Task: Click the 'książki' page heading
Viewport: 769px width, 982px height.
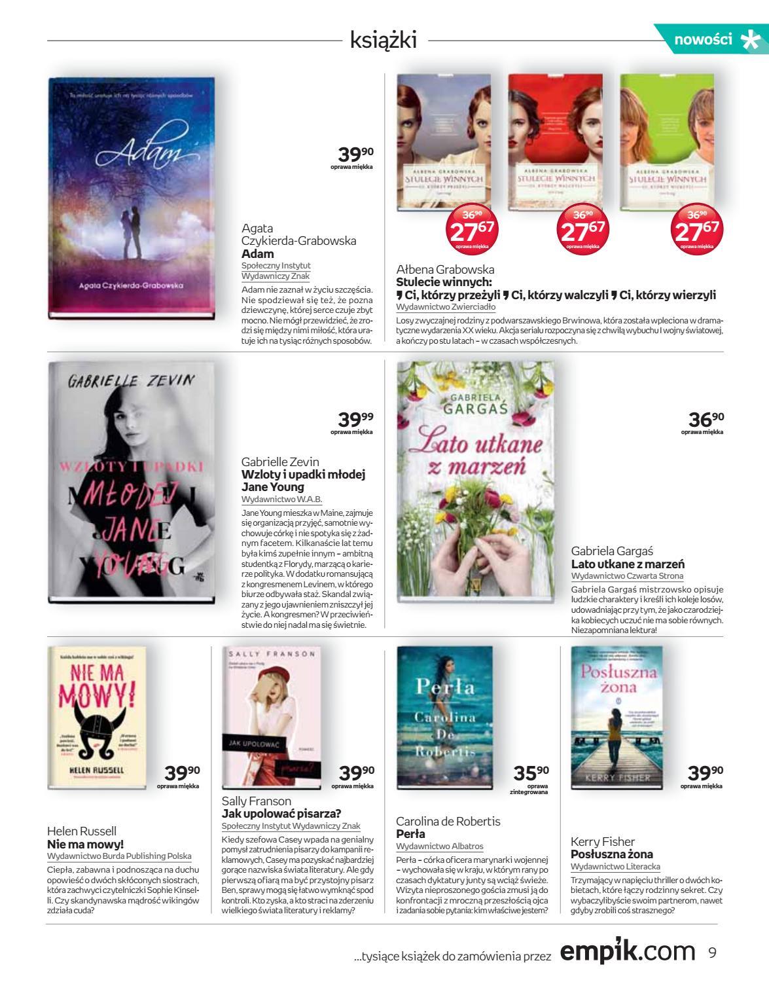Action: (x=384, y=40)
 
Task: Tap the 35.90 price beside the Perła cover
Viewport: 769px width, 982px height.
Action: (x=531, y=774)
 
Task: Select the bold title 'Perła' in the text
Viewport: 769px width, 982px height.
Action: (x=411, y=834)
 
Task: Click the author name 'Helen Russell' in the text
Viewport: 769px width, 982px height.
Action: (x=82, y=831)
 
